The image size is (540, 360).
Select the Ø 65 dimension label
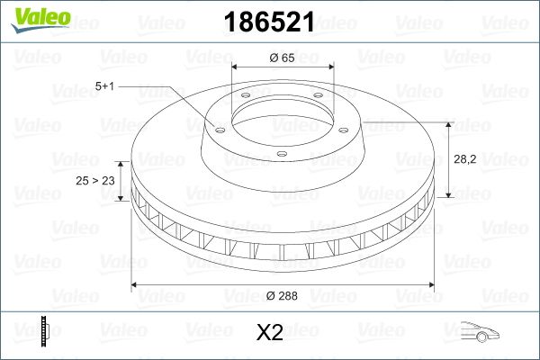283,58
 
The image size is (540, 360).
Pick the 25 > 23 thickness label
96,181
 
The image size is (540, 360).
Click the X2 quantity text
269,334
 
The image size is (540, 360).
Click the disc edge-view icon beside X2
45,331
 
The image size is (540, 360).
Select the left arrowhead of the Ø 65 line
236,67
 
